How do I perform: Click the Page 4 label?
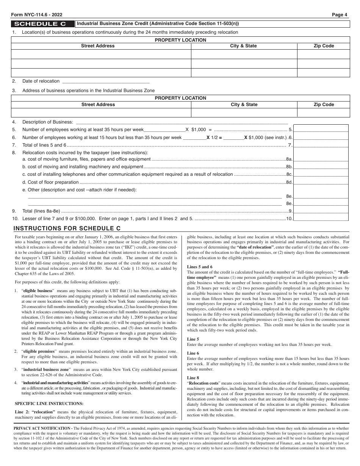pyautogui.click(x=340, y=15)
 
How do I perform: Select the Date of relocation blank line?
pyautogui.click(x=105, y=81)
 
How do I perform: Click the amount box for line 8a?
pyautogui.click(x=321, y=159)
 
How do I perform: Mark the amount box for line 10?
pyautogui.click(x=321, y=218)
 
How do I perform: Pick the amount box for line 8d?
pyautogui.click(x=321, y=182)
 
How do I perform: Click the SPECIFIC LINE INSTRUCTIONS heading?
pyautogui.click(x=49, y=403)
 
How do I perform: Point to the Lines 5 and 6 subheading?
pyautogui.click(x=200, y=267)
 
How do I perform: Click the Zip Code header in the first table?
pyautogui.click(x=324, y=46)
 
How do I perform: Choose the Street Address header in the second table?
pyautogui.click(x=98, y=105)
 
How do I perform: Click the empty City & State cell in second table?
pyautogui.click(x=244, y=113)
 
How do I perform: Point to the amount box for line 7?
pyautogui.click(x=321, y=144)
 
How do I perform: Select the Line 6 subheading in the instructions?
pyautogui.click(x=193, y=353)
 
